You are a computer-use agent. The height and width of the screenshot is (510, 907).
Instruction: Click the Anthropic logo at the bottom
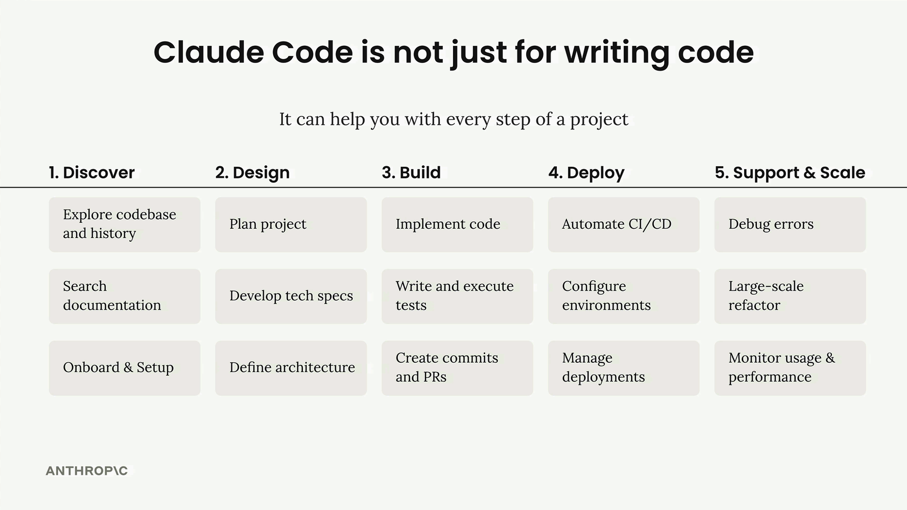(87, 471)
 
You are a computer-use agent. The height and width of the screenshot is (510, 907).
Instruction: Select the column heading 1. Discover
(92, 173)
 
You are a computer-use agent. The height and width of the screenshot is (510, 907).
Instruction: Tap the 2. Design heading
(252, 173)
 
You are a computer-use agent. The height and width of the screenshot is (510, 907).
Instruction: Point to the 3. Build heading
(411, 173)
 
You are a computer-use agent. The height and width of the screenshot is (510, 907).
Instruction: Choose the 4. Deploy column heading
(586, 173)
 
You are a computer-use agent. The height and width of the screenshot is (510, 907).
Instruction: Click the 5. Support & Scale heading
(790, 173)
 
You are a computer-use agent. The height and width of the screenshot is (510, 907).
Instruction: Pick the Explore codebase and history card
(125, 225)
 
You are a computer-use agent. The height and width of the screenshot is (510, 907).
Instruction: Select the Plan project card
(291, 225)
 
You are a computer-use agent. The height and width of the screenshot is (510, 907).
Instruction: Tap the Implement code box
(457, 225)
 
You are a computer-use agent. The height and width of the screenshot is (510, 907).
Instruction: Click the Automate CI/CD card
(624, 225)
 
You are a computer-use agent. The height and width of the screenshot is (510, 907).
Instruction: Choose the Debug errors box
(790, 225)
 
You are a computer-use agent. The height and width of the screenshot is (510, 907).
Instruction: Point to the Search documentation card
(125, 297)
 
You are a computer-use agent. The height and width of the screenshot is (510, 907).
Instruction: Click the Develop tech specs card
(291, 297)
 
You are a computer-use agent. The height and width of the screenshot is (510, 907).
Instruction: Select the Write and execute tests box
(457, 297)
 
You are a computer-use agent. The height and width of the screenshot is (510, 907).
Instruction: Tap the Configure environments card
(624, 297)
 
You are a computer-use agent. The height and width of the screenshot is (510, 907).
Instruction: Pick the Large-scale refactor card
(790, 297)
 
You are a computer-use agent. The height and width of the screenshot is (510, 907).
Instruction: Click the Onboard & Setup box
(125, 368)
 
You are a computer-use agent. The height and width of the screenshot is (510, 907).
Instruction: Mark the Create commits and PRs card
(457, 368)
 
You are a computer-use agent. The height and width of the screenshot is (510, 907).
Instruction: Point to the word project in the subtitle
(599, 120)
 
